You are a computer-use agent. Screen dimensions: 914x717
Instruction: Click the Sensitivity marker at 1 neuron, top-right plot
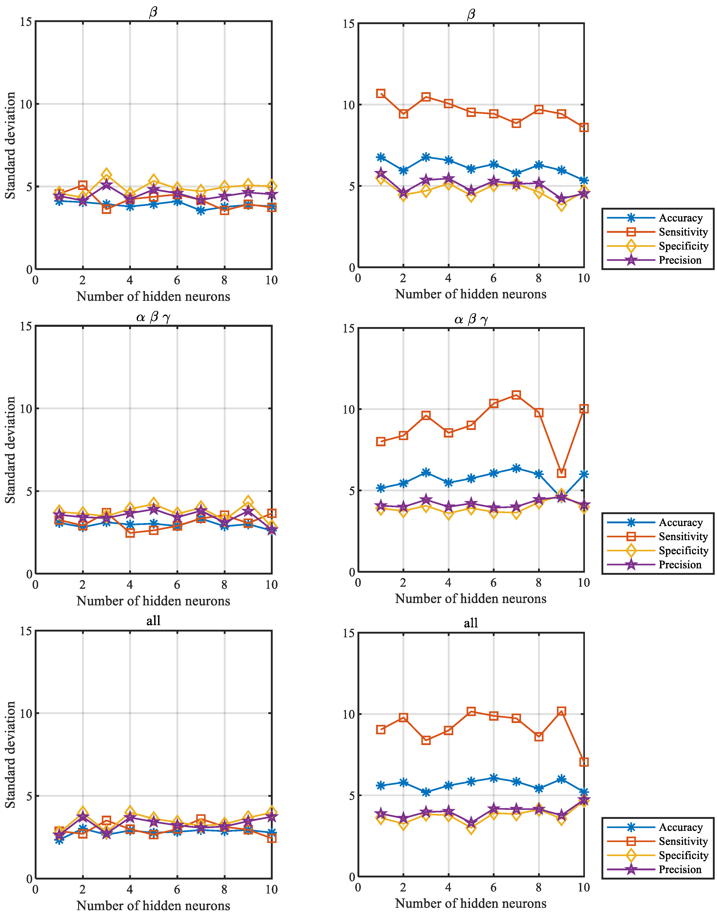(x=381, y=94)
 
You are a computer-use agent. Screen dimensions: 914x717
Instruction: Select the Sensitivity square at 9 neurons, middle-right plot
(x=561, y=473)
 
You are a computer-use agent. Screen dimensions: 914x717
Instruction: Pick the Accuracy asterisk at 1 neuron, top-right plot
(x=381, y=157)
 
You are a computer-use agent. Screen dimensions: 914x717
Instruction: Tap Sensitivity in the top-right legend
(x=683, y=232)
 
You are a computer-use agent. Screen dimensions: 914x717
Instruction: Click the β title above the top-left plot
(x=153, y=12)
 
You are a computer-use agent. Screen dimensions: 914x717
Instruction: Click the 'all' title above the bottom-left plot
(x=153, y=621)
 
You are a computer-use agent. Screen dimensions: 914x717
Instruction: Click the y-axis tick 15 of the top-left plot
(x=26, y=21)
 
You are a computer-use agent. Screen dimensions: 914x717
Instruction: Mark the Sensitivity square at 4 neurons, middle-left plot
(x=130, y=533)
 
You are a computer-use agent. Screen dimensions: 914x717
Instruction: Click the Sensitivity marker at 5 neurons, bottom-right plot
(x=471, y=711)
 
